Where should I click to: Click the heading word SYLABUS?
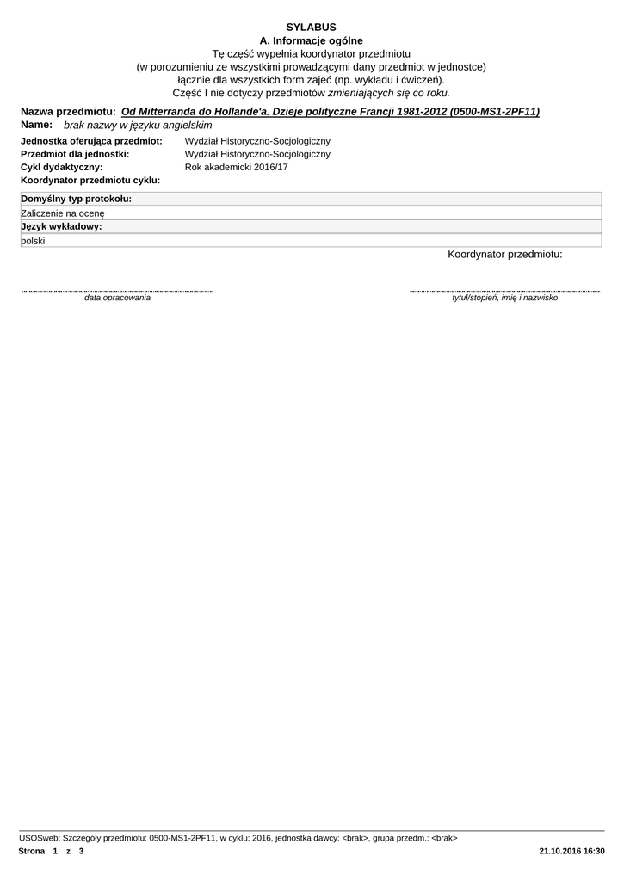point(311,28)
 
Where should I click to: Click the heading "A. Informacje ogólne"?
point(311,40)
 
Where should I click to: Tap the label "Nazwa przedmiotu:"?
point(68,112)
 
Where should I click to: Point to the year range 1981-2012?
point(417,112)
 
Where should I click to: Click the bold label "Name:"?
point(36,125)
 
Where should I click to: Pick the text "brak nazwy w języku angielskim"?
point(138,125)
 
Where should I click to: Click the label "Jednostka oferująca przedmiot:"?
point(91,141)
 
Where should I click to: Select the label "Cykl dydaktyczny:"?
point(61,167)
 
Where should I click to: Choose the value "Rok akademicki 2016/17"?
point(236,167)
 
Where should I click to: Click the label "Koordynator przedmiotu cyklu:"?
point(90,181)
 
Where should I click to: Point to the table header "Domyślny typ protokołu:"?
point(76,200)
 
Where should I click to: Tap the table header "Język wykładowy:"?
point(61,227)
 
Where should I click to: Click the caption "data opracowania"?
point(117,298)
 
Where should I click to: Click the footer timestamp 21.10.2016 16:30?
point(571,851)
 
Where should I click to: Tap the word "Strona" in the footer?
point(31,851)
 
